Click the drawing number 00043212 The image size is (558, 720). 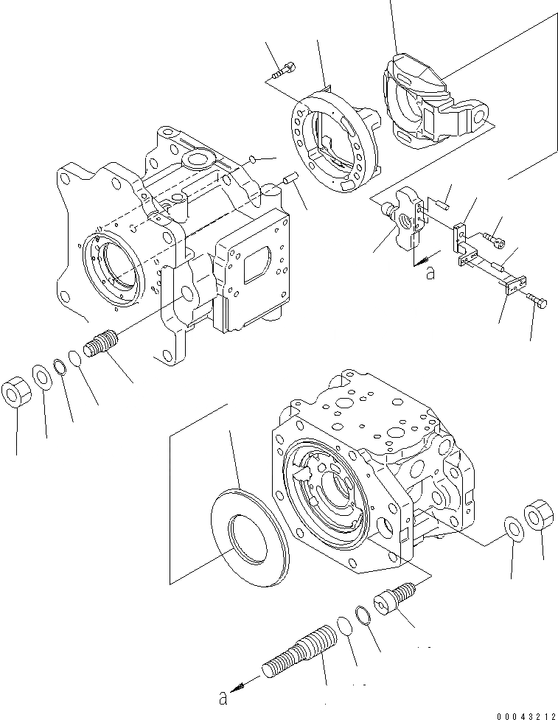(526, 714)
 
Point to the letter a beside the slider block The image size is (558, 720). (430, 273)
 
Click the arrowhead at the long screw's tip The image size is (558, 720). (237, 688)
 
